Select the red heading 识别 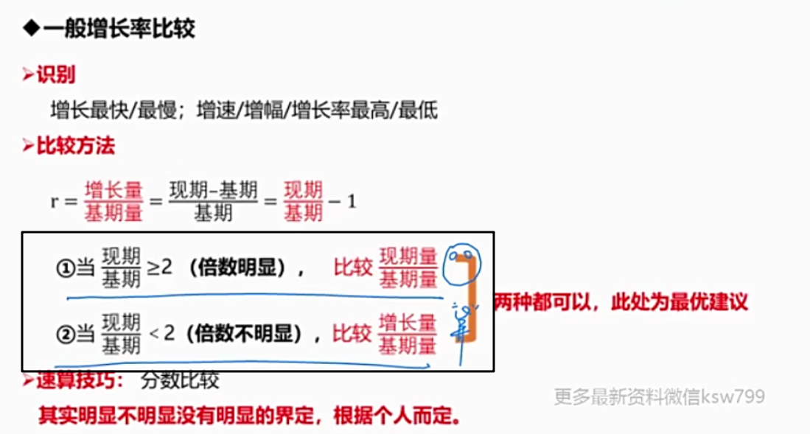pos(56,74)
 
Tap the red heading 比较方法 pos(75,146)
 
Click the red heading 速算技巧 pos(74,381)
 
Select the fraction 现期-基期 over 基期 pos(213,201)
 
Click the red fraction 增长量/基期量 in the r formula pos(113,201)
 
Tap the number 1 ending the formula pos(352,201)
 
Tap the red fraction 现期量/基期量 pos(408,267)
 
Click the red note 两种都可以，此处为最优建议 pos(621,302)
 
